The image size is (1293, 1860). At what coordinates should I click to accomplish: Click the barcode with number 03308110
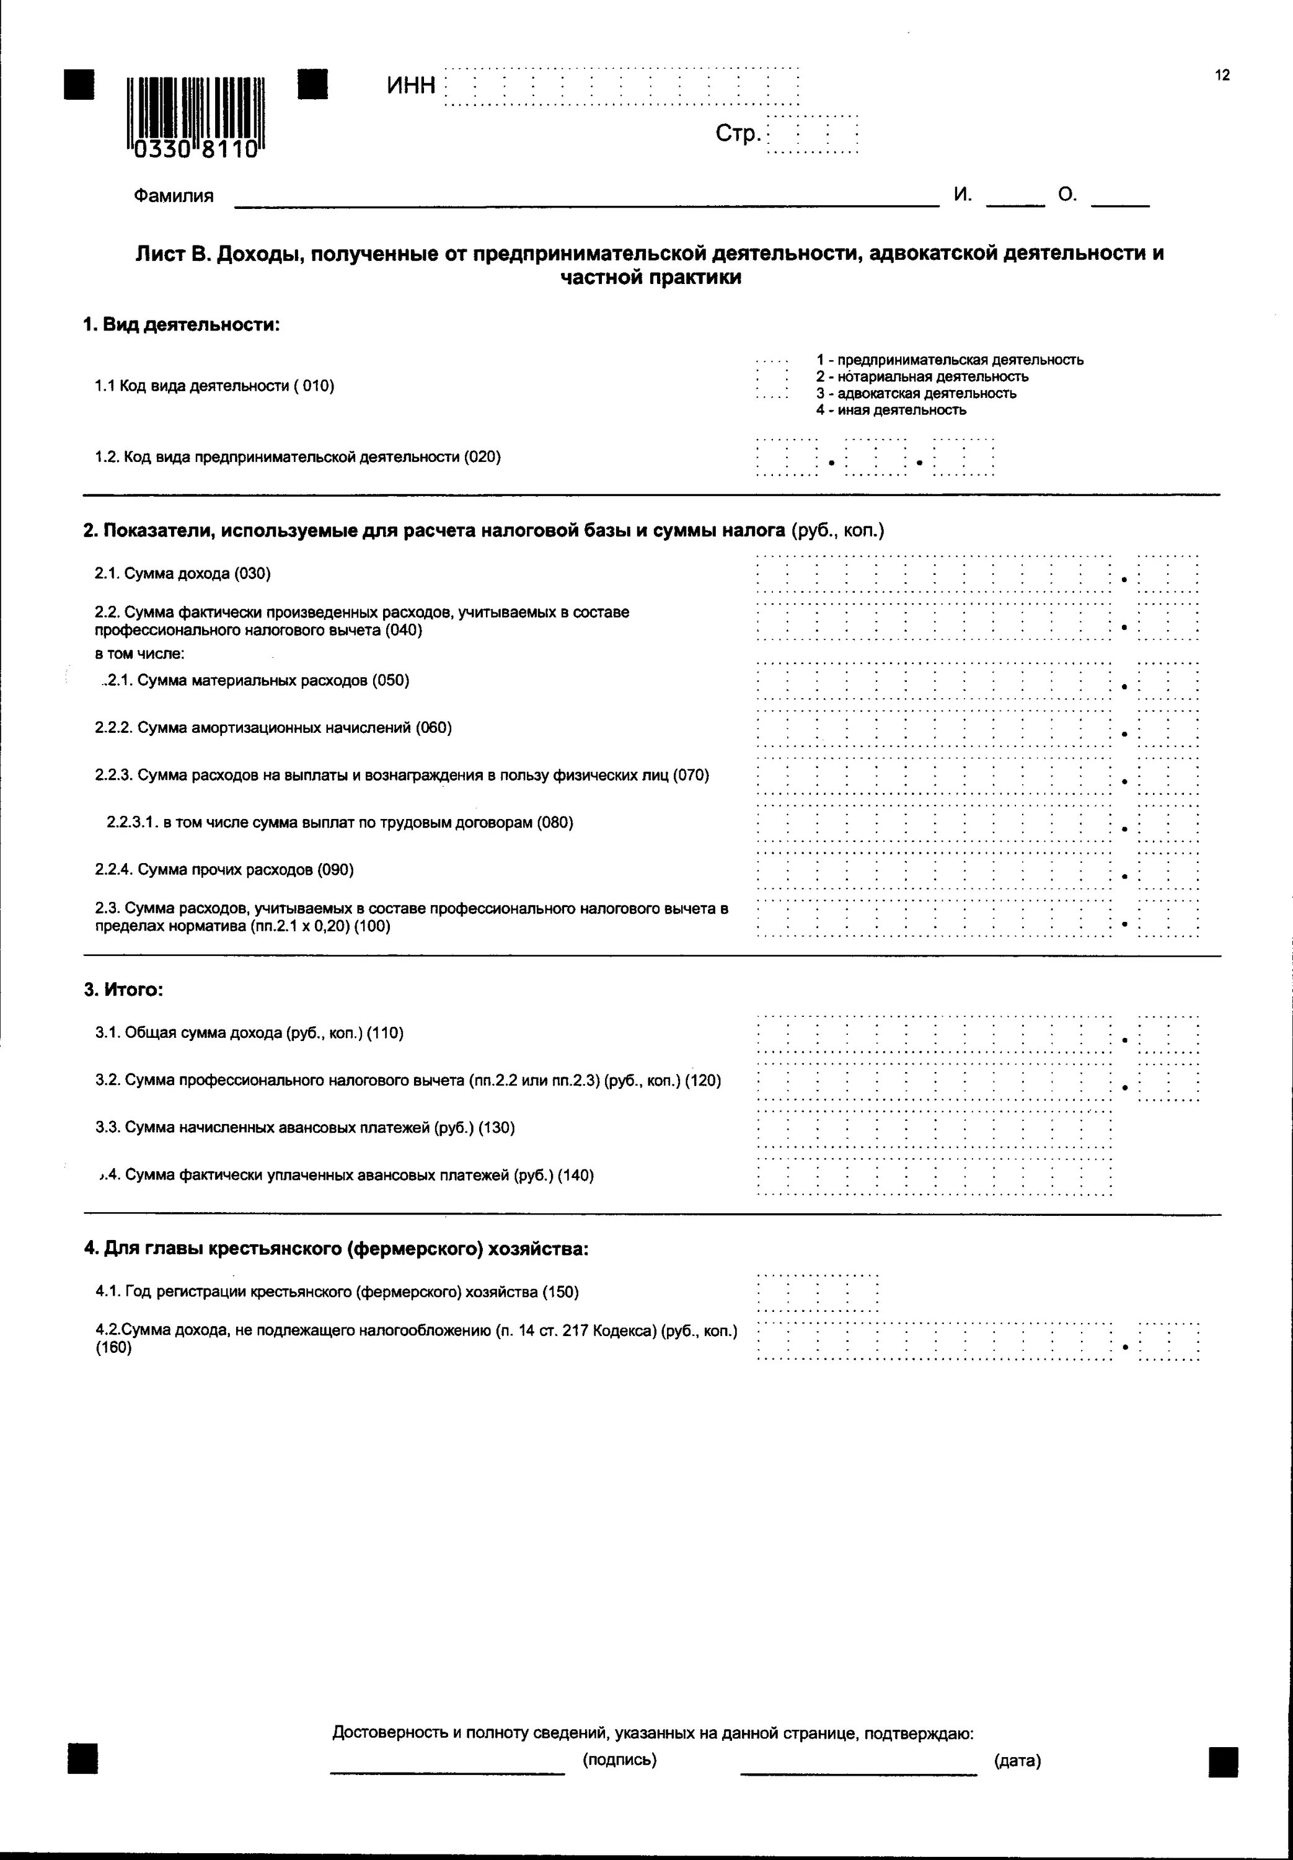pyautogui.click(x=195, y=117)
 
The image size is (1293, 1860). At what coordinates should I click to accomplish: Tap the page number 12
pyautogui.click(x=1222, y=76)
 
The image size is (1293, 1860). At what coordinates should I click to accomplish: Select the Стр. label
pyautogui.click(x=737, y=134)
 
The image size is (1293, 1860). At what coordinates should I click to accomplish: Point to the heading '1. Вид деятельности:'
pyautogui.click(x=182, y=325)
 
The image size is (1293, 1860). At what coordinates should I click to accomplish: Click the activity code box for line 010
pyautogui.click(x=771, y=378)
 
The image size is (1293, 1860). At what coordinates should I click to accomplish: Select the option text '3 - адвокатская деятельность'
pyautogui.click(x=916, y=394)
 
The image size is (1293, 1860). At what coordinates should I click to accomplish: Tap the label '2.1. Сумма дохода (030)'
pyautogui.click(x=182, y=573)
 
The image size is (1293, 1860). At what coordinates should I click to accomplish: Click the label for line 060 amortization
pyautogui.click(x=273, y=727)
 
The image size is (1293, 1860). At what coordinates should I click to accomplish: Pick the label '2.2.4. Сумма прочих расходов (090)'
pyautogui.click(x=224, y=870)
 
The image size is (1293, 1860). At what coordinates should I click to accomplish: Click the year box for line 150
pyautogui.click(x=816, y=1293)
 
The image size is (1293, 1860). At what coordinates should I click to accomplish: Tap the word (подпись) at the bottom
pyautogui.click(x=619, y=1760)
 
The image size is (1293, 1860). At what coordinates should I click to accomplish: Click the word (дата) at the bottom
pyautogui.click(x=1018, y=1760)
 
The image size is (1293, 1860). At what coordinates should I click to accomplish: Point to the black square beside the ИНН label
pyautogui.click(x=313, y=84)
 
